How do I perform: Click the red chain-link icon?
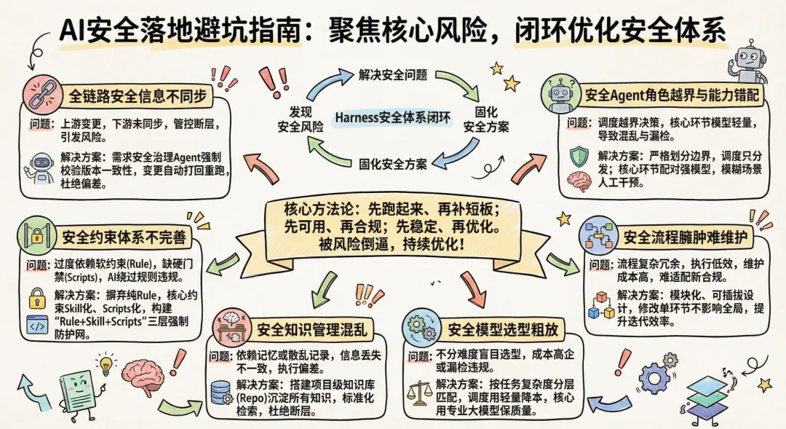42,93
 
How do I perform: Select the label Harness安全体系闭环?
393,117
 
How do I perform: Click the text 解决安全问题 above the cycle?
392,74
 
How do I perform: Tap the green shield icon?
579,156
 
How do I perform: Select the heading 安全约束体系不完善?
124,237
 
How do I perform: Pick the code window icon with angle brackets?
36,326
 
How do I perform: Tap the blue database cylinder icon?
219,393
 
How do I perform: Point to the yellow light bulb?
107,363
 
